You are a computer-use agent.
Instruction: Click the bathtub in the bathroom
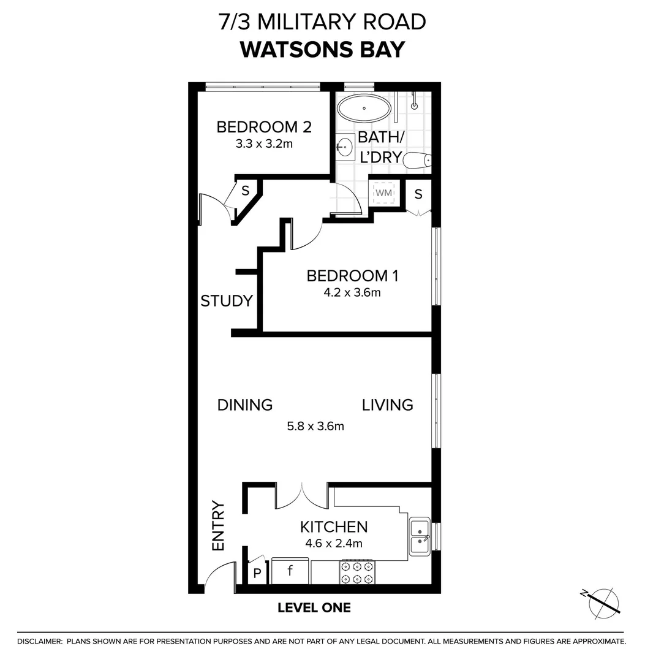coord(364,108)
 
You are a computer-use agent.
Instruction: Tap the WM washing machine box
coord(384,194)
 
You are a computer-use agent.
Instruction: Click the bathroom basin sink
coord(345,147)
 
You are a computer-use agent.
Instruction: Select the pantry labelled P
coord(257,574)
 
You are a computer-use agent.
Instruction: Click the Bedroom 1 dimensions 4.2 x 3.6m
coord(352,292)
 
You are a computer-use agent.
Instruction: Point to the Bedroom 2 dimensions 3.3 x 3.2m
coord(264,145)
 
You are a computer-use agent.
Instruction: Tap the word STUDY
coord(227,301)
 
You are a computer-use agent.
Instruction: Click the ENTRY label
coord(219,526)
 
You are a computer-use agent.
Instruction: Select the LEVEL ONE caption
coord(314,608)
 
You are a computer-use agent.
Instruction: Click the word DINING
coord(245,405)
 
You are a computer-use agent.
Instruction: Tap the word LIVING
coord(387,405)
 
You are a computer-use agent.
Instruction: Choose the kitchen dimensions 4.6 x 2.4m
coord(334,543)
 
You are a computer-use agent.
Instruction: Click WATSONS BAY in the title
coord(322,49)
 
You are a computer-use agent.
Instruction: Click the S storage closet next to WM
coord(418,194)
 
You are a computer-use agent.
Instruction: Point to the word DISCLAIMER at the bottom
coord(40,641)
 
